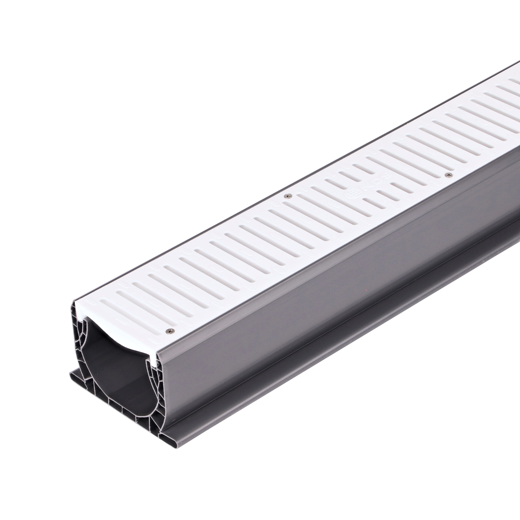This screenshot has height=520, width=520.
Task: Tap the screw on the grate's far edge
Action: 288,196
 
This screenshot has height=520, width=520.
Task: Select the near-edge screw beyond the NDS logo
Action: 448,175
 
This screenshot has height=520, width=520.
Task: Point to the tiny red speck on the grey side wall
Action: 366,290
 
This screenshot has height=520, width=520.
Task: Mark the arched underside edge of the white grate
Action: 116,342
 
